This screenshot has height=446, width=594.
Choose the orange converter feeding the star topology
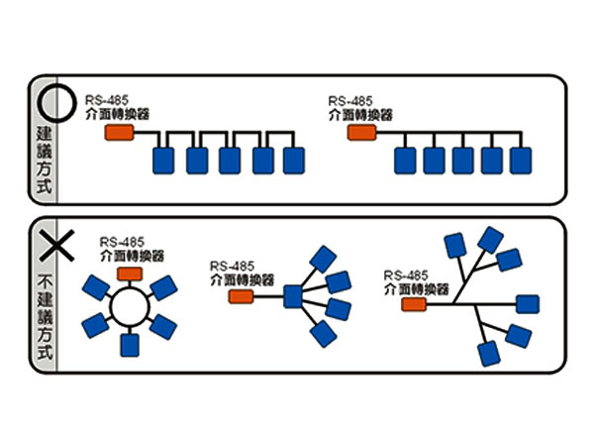click(x=242, y=295)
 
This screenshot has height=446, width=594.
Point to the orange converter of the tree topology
click(x=415, y=304)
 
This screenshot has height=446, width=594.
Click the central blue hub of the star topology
click(x=293, y=295)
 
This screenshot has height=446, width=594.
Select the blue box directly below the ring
click(x=129, y=345)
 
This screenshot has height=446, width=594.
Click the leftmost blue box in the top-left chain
click(x=163, y=160)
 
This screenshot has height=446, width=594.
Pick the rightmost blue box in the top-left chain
click(x=293, y=160)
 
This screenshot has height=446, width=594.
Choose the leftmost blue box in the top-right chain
click(x=404, y=160)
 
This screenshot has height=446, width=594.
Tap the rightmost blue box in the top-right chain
click(x=520, y=160)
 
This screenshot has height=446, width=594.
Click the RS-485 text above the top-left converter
click(x=106, y=99)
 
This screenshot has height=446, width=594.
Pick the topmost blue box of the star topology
click(x=322, y=258)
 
